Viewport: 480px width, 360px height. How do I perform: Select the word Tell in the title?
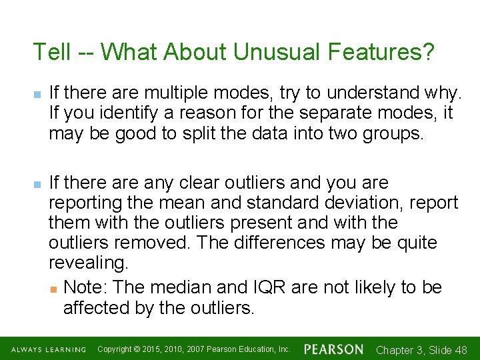click(51, 52)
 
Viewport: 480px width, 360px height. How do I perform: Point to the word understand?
click(361, 93)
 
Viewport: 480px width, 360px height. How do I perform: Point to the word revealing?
click(88, 263)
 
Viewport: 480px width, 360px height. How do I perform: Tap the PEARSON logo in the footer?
click(333, 349)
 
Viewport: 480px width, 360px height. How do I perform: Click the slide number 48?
click(460, 350)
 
